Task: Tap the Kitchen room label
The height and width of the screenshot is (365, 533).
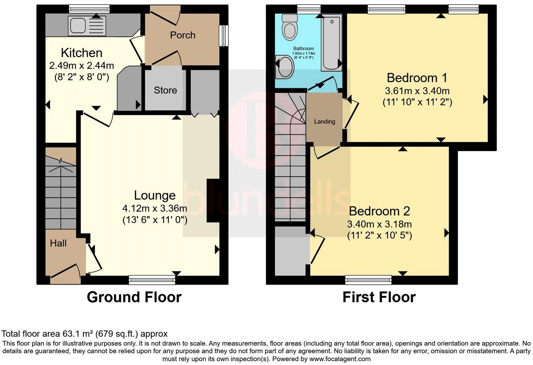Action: [82, 53]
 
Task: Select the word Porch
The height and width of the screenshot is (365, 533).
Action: [182, 35]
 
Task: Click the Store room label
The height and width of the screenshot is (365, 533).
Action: [165, 90]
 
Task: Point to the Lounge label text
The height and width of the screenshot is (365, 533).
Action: [155, 195]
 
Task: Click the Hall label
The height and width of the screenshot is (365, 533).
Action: [58, 243]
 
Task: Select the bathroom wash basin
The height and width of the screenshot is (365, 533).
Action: [285, 67]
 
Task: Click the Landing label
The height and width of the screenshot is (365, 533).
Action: [324, 122]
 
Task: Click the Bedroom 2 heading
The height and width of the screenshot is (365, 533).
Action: [379, 211]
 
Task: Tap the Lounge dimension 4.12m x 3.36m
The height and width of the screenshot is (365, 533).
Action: [155, 208]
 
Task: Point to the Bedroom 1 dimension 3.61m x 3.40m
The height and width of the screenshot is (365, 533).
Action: [417, 91]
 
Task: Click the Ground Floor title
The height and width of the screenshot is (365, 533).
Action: [134, 297]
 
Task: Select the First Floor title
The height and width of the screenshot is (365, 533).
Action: [379, 297]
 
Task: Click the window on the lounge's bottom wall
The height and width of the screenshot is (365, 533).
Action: [151, 279]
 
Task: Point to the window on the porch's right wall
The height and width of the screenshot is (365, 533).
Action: [223, 35]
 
